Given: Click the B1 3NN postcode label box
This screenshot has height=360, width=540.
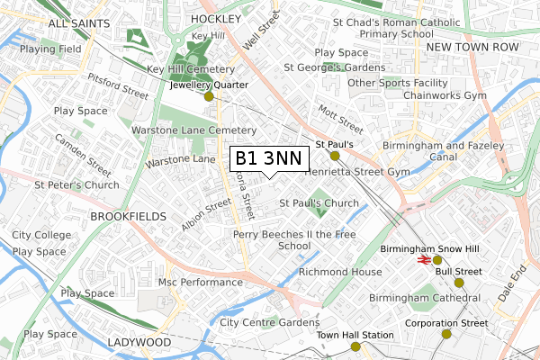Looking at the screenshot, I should click(268, 158).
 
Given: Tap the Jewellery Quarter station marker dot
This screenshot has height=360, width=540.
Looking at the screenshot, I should click(209, 96).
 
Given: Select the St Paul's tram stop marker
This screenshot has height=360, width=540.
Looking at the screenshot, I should click(334, 156).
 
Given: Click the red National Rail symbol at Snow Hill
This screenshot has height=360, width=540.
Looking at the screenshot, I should click(423, 259).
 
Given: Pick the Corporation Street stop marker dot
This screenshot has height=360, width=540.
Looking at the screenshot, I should click(445, 335).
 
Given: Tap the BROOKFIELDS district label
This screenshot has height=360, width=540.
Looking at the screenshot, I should click(128, 217).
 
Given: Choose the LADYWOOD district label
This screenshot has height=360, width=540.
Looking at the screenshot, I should click(139, 343).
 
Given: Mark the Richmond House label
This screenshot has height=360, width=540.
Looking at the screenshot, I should click(340, 271).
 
